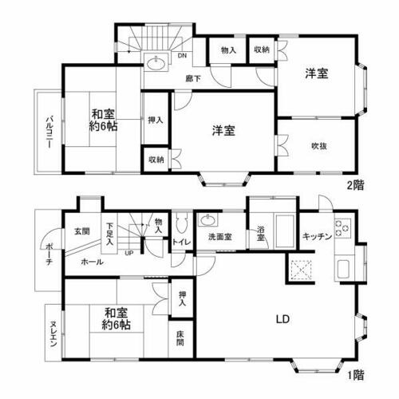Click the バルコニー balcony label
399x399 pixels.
(x=49, y=132)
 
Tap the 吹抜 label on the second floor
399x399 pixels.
(x=319, y=146)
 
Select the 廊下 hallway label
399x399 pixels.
(x=193, y=79)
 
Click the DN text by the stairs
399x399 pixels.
(x=182, y=56)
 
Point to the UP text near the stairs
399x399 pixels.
(x=129, y=253)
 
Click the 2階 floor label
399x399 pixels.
(x=355, y=185)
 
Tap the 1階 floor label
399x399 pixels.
(x=356, y=375)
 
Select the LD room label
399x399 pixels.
(x=282, y=319)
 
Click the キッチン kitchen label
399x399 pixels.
(x=317, y=236)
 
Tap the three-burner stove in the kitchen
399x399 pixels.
(x=342, y=228)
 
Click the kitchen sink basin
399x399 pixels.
(x=343, y=269)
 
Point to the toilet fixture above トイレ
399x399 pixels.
(x=182, y=223)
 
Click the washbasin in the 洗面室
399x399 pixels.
(x=207, y=220)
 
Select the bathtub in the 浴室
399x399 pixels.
(x=285, y=231)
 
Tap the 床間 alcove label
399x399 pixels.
(x=180, y=338)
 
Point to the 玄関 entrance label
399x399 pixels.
(x=81, y=231)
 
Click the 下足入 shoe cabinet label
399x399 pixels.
(x=109, y=234)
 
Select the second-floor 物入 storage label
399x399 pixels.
(x=228, y=49)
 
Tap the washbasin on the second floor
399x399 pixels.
(x=156, y=63)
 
